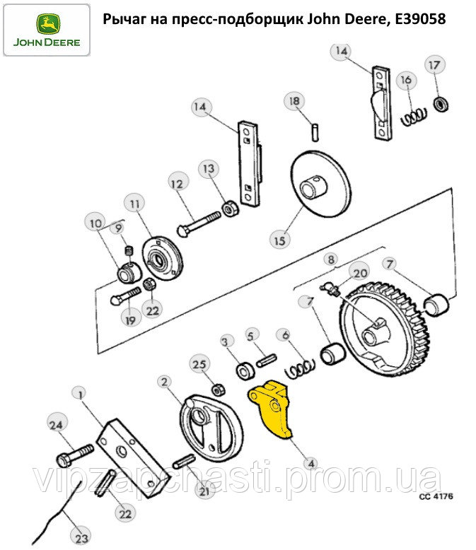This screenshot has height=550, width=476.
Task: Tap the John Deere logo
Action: point(47,30)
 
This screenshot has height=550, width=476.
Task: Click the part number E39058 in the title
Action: point(421,19)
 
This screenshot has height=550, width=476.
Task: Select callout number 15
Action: point(279,241)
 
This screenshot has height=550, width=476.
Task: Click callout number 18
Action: point(294,101)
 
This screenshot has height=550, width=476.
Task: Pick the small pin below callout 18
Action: point(315,131)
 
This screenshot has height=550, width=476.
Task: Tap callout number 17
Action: point(434,65)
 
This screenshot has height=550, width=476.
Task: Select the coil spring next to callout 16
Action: point(414,117)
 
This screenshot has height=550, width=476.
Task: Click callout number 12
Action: point(178,184)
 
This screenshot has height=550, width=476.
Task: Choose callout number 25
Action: point(199,365)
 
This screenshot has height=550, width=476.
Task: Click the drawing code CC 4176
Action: point(436,496)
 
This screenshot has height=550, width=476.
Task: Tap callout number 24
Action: point(56,426)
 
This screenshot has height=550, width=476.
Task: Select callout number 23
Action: point(81,538)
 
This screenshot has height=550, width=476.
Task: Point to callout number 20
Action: point(360,273)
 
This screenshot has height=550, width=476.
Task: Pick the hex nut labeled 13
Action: point(231,209)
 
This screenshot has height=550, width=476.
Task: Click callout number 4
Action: point(311,464)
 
